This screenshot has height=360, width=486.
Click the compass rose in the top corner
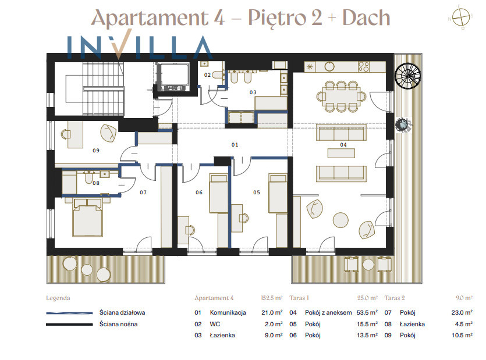[x=461, y=17]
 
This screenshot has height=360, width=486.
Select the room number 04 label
[x=343, y=145]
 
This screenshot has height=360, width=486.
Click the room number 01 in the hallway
[x=235, y=145]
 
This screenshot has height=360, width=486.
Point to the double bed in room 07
[x=87, y=218]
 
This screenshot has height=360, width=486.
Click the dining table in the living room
[x=341, y=97]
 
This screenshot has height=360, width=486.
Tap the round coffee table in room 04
[x=340, y=220]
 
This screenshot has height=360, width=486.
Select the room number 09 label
[x=96, y=151]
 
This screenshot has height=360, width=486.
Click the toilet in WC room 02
[x=218, y=74]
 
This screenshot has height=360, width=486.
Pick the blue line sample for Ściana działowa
[x=69, y=313]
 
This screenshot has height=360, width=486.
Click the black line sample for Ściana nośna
[x=69, y=325]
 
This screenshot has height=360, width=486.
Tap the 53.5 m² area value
[x=367, y=312]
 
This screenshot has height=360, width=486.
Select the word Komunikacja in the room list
[x=228, y=312]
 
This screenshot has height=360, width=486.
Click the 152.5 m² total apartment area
[x=271, y=298]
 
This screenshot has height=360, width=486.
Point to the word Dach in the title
[x=366, y=17]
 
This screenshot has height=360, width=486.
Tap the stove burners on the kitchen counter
[x=364, y=67]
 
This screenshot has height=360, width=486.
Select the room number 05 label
[x=256, y=193]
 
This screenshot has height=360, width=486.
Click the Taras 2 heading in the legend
[x=395, y=298]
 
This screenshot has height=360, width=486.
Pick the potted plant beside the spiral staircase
[x=403, y=124]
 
